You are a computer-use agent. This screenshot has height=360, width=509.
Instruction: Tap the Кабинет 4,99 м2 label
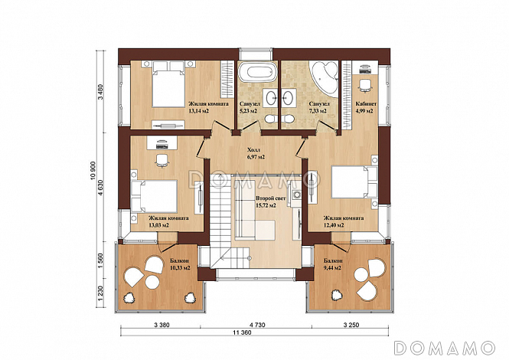pos(366,107)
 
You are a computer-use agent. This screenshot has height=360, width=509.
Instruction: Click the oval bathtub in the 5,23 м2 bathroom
pos(257,73)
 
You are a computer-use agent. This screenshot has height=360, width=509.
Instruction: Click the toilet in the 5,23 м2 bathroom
pos(270,119)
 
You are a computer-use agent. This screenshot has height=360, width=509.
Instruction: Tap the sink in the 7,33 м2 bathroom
pos(288,97)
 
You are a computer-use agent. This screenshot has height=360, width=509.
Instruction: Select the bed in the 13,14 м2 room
pos(168,85)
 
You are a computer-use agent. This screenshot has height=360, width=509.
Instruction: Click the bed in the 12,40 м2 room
pos(354,182)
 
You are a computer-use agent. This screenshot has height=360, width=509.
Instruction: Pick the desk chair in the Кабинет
pos(366,84)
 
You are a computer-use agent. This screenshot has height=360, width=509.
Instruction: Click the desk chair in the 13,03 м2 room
pos(162,160)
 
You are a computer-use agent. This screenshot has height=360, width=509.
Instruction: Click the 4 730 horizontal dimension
pos(257,325)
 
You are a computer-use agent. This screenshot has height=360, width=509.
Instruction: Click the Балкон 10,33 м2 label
pos(180,264)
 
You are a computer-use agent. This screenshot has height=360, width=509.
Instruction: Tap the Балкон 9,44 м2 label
pos(332,264)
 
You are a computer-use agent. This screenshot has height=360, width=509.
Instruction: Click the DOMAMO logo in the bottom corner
pos(445,348)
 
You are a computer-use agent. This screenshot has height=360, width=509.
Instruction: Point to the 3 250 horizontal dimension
pos(351,325)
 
